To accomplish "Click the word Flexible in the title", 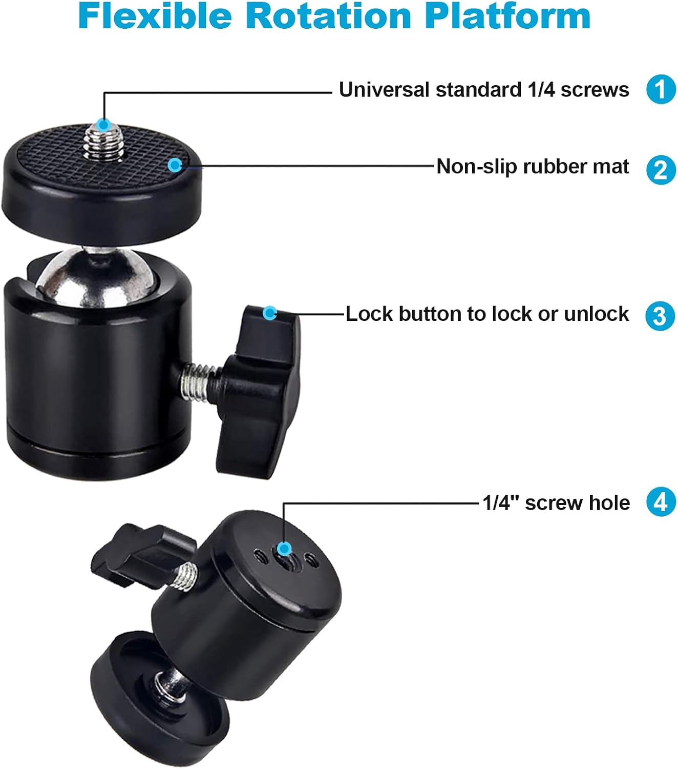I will pos(155,16).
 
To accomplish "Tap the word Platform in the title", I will pos(507,16).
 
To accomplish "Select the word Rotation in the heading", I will pos(328,16).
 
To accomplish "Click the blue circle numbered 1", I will pos(661,89).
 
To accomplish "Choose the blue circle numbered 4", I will pos(661,501).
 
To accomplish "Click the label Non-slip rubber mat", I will pos(533,167).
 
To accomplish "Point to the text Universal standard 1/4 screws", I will pos(484,90).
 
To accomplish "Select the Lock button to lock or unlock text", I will pos(487,314).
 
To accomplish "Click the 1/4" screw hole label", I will pos(556,503).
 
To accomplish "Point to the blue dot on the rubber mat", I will pos(175,165).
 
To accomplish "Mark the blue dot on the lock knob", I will pos(269,313).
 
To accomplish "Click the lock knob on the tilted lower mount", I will pos(143,556).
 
